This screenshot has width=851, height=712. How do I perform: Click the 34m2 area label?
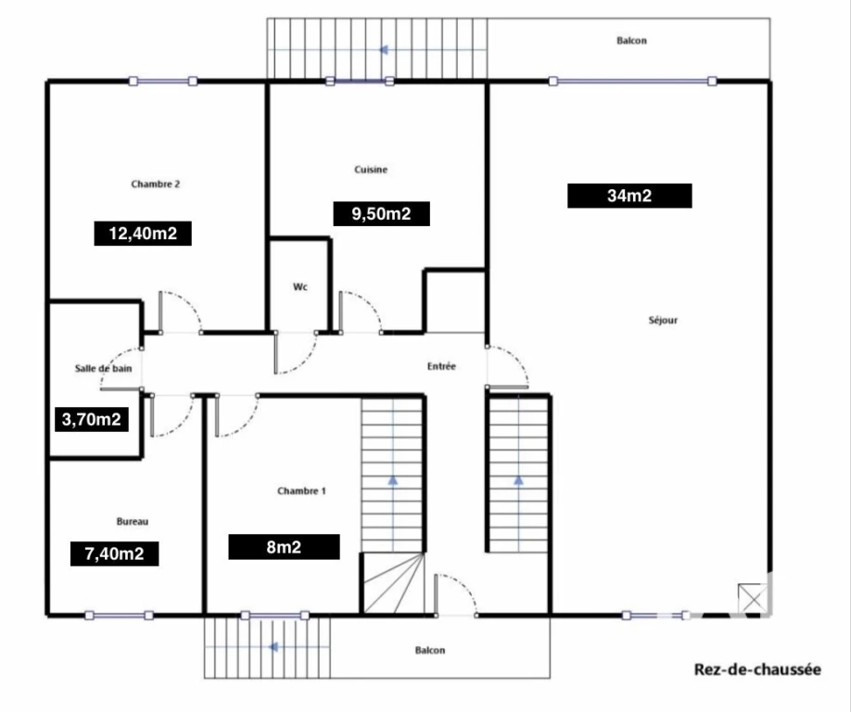(629, 196)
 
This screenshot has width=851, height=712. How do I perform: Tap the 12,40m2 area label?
(143, 234)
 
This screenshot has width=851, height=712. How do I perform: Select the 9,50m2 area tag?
(382, 214)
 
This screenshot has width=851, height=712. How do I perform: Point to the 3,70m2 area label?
(92, 419)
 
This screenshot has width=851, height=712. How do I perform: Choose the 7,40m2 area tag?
(115, 553)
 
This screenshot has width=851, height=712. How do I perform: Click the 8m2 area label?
(284, 547)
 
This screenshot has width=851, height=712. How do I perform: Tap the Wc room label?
(300, 286)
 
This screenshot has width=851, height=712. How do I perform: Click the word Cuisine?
(371, 170)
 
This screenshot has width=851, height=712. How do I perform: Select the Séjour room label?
(663, 320)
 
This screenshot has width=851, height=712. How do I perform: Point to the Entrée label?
(441, 366)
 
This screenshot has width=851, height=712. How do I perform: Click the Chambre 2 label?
(155, 184)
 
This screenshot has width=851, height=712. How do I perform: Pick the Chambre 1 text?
(301, 491)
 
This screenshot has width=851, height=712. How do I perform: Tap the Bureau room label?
(133, 522)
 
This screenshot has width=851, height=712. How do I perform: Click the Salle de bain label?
(103, 368)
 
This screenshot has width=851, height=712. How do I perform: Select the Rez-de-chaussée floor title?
(757, 669)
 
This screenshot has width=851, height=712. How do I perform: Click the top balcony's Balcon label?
(631, 41)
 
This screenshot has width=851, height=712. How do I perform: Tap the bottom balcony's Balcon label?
(430, 650)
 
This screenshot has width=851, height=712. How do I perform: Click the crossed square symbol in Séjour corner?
(753, 599)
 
